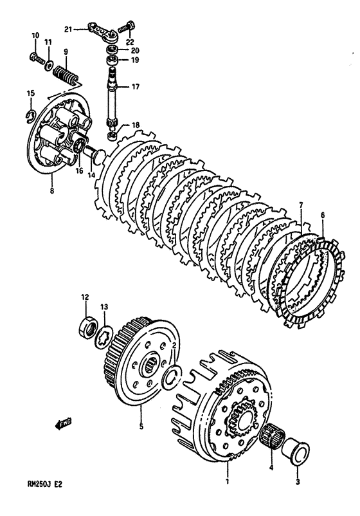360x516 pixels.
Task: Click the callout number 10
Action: coord(35,35)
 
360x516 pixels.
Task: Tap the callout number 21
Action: coord(68,29)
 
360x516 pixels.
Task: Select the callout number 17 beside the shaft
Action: coord(136,86)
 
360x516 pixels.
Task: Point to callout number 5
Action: coord(141,425)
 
